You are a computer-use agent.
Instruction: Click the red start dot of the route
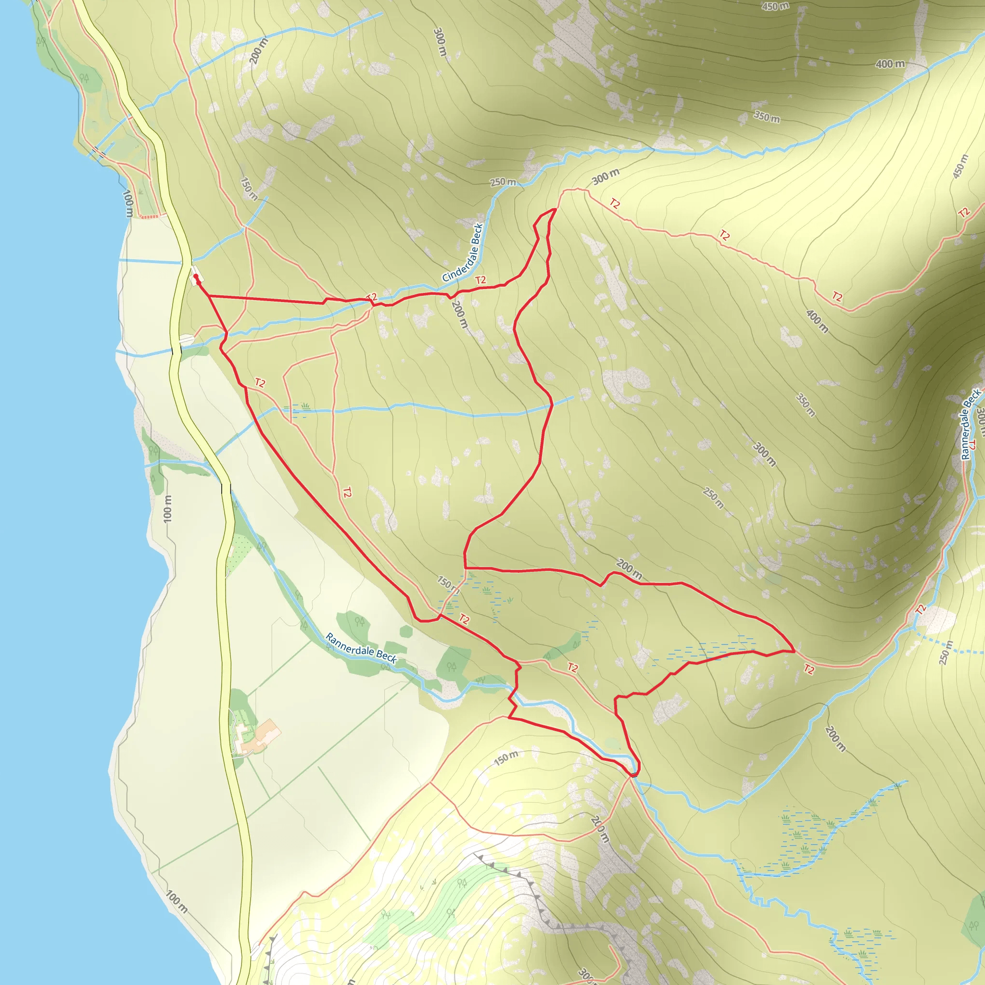pos(196,277)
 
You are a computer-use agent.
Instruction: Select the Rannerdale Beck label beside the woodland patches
pos(361,648)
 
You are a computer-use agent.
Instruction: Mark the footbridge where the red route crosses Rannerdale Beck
pos(633,775)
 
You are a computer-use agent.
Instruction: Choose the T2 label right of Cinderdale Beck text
pos(480,280)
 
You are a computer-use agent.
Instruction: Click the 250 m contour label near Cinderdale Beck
pos(503,182)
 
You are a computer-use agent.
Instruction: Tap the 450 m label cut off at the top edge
pos(775,6)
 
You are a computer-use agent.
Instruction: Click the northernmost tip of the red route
pos(555,209)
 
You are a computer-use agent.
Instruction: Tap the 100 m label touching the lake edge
pos(128,203)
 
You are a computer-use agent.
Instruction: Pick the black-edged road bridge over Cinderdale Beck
pos(177,351)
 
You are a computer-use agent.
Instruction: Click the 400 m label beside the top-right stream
pos(890,64)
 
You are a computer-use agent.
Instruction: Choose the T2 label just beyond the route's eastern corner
pos(809,669)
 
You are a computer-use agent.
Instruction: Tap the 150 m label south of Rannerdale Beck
pos(506,758)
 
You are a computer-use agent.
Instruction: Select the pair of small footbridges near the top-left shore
pos(98,152)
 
